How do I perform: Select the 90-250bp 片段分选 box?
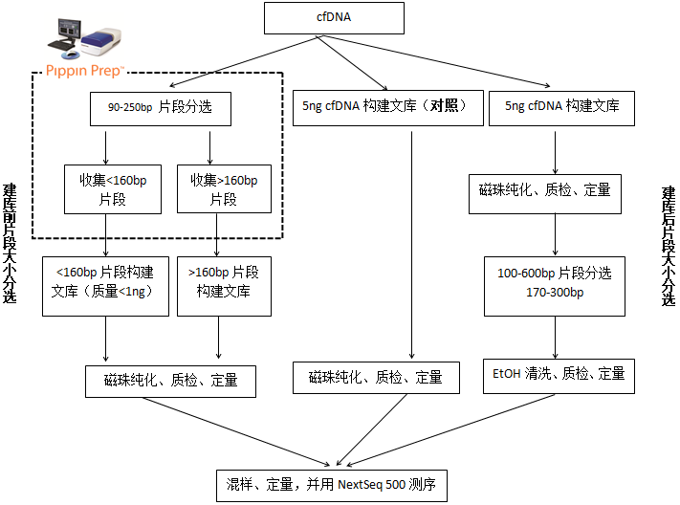tap(159, 108)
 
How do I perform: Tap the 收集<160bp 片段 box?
tap(106, 188)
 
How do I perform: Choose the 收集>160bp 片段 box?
tap(223, 188)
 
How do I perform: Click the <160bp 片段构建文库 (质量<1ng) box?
tap(105, 284)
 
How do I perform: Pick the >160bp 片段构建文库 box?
tap(223, 284)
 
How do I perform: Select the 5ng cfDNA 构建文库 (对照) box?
tap(386, 108)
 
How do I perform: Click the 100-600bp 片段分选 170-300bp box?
tap(554, 284)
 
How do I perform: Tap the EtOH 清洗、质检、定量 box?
tap(554, 375)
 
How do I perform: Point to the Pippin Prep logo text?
tap(85, 70)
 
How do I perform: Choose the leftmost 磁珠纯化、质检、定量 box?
tap(171, 381)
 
